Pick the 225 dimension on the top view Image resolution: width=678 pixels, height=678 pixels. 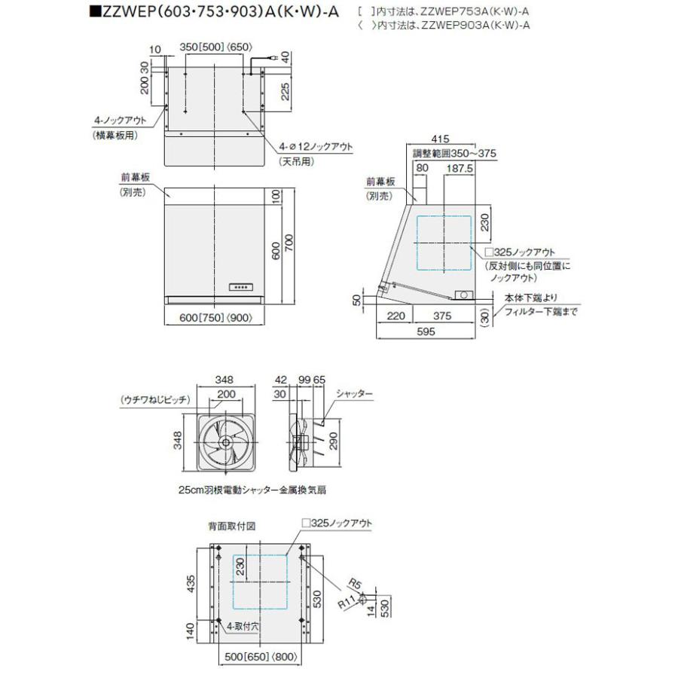tap(285, 91)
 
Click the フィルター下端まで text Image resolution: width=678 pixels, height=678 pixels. tap(541, 311)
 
